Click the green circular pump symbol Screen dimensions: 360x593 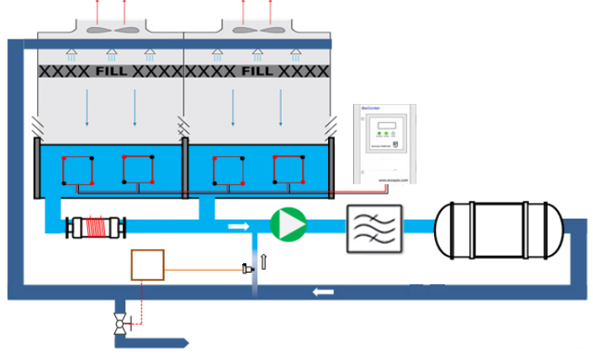pos(288,225)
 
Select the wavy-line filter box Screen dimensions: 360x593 pos(374,228)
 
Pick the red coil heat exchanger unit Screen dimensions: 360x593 pos(98,228)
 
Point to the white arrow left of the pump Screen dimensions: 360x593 pos(239,225)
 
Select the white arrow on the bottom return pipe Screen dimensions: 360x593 pos(321,292)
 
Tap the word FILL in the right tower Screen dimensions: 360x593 pos(258,72)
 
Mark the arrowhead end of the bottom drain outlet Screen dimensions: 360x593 pos(188,343)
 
